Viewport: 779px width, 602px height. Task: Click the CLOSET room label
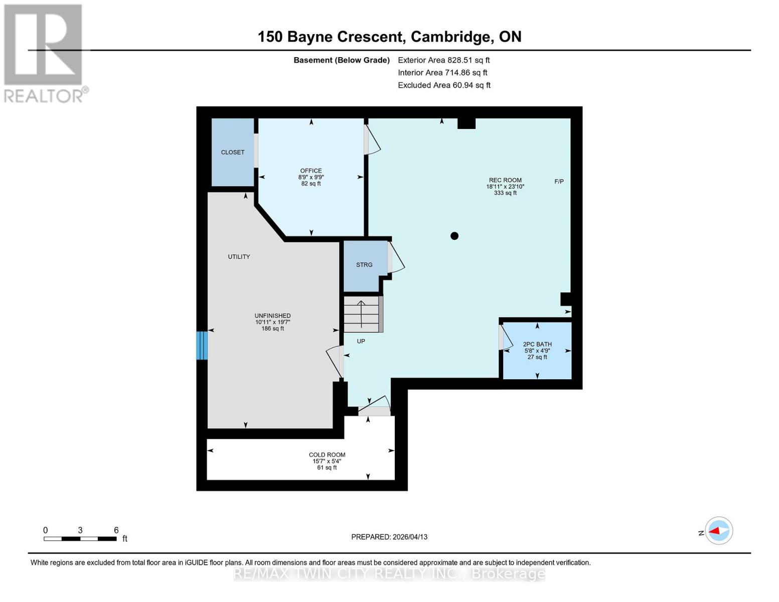tap(233, 152)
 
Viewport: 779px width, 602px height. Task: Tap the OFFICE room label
tap(311, 171)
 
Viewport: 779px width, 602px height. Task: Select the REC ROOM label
tap(505, 180)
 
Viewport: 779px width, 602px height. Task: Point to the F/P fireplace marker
tap(559, 181)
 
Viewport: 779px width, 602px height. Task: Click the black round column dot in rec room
tap(454, 236)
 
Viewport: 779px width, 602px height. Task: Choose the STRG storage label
tap(364, 264)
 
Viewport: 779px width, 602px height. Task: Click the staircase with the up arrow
tap(361, 314)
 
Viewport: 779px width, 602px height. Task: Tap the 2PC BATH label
tap(537, 344)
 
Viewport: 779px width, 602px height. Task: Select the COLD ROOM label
tap(327, 455)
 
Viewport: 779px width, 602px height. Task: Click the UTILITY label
tap(239, 256)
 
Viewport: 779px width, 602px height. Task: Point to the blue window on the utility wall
tap(202, 345)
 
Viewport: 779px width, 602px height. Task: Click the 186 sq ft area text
tap(272, 329)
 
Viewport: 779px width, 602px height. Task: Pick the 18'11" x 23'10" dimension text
tap(505, 187)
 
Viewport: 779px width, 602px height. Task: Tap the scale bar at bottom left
tap(80, 539)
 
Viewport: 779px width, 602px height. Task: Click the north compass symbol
tap(718, 531)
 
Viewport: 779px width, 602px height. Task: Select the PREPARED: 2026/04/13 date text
tap(389, 537)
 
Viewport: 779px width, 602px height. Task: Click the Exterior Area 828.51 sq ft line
tap(443, 60)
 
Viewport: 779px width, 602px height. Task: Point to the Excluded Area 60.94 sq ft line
tap(444, 85)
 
